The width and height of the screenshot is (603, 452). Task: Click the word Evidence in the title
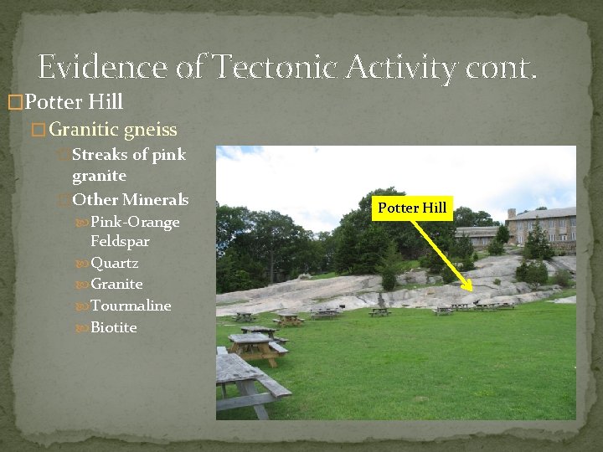(x=100, y=66)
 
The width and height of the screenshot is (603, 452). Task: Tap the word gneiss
(x=150, y=130)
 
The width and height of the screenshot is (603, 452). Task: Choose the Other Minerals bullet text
(x=130, y=200)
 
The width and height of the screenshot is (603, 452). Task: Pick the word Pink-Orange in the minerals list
(x=135, y=222)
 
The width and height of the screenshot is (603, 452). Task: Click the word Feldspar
(x=120, y=241)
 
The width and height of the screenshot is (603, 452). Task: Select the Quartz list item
(x=115, y=263)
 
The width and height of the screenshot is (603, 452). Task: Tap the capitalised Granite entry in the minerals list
(x=116, y=284)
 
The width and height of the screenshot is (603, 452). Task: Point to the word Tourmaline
(x=131, y=306)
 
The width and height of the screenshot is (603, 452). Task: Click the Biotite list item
(x=113, y=327)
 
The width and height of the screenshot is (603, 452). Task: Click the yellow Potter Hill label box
(x=412, y=208)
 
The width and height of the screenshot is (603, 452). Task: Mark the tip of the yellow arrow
(x=474, y=302)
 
